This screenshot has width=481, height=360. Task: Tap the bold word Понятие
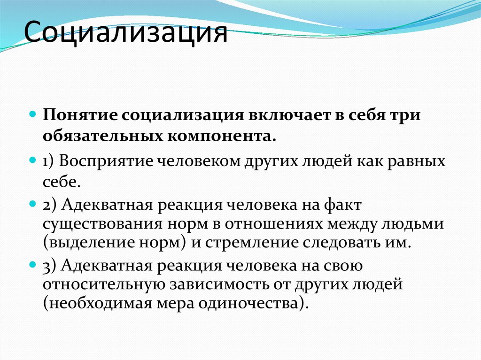79,115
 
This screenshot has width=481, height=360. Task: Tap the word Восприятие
104,161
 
